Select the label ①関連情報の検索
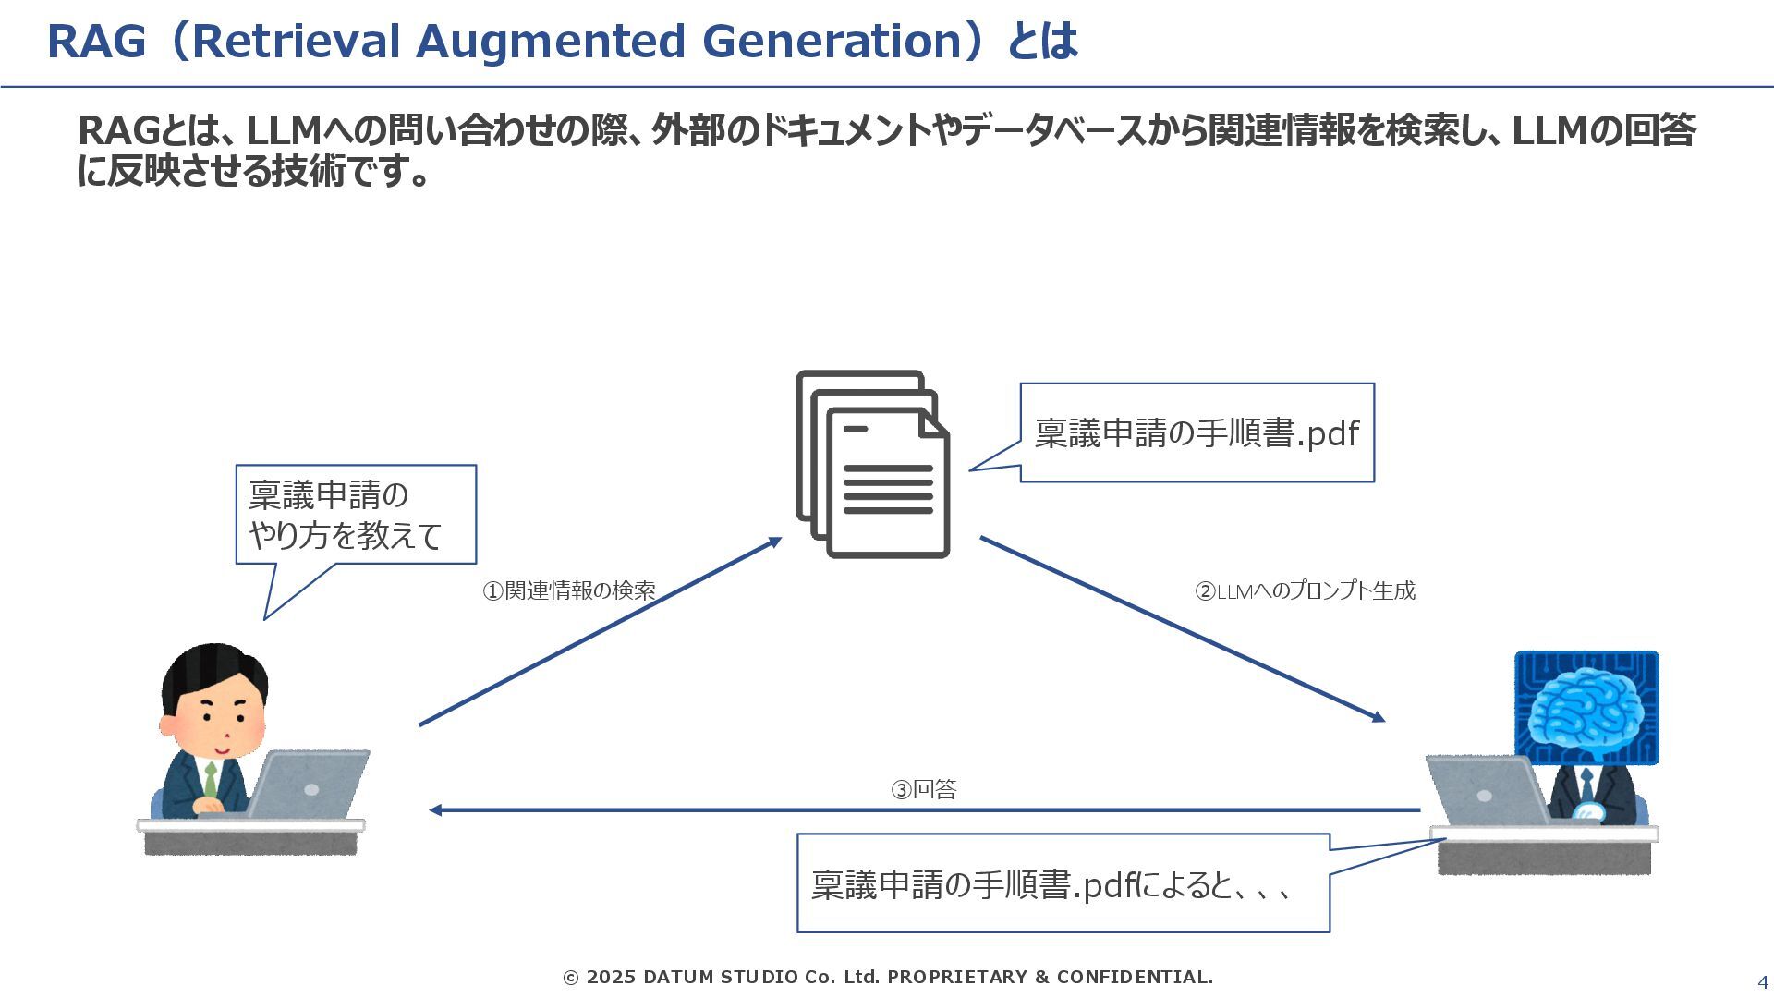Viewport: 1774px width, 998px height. coord(569,590)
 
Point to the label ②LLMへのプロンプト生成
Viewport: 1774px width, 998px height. coord(1305,590)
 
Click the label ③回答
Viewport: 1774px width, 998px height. coord(923,789)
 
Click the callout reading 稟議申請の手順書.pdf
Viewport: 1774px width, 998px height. coord(1197,432)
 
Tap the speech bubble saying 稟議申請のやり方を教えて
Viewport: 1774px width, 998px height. coord(356,515)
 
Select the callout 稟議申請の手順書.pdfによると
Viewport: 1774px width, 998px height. coord(1063,884)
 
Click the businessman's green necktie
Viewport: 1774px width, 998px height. coord(211,780)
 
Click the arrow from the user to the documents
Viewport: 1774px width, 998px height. coord(601,631)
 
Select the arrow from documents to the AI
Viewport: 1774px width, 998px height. coord(1183,628)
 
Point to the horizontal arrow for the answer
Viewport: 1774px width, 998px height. coord(924,810)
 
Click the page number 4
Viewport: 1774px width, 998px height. coord(1762,982)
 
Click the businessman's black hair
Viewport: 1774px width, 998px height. coord(214,667)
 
